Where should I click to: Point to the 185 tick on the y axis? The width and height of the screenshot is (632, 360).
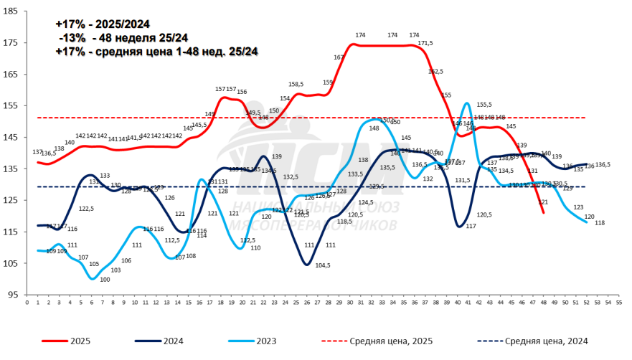click(14, 11)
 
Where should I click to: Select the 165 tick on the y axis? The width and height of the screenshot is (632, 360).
click(14, 74)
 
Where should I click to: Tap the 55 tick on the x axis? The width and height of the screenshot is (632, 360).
click(618, 303)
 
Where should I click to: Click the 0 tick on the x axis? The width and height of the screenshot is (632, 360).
click(27, 303)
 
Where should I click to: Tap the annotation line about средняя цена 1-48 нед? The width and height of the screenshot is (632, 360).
click(156, 52)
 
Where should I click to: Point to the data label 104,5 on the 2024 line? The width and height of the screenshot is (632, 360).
click(322, 265)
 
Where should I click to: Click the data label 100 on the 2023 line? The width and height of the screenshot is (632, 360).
click(105, 280)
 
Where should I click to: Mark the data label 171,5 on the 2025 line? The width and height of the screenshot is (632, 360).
click(425, 44)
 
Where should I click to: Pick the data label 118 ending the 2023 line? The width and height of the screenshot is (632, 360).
click(600, 223)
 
